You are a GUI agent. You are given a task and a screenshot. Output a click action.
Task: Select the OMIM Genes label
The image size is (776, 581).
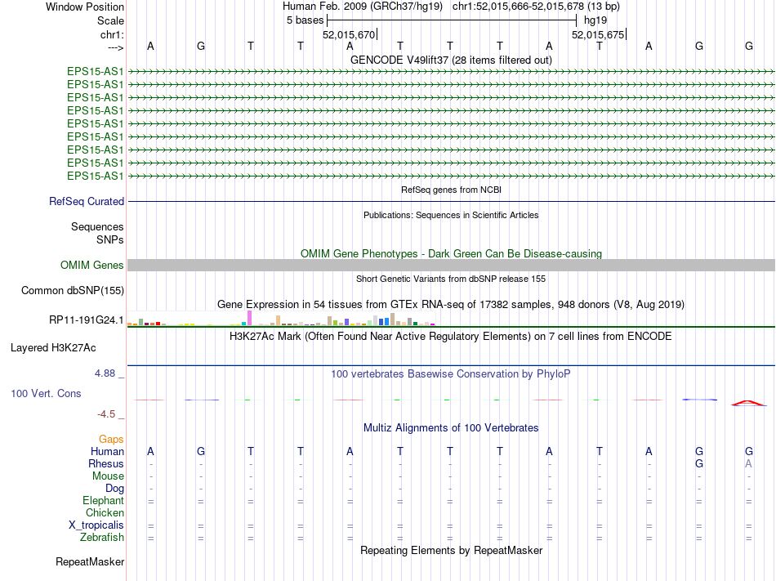[x=92, y=265]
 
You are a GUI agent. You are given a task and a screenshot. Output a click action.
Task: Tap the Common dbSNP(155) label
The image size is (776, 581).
[x=73, y=290]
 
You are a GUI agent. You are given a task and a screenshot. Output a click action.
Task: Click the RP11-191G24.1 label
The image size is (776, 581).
[x=87, y=320]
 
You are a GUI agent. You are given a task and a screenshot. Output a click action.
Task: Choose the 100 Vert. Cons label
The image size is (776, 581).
[x=46, y=393]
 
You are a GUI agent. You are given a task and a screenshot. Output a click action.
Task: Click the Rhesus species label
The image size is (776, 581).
[x=106, y=463]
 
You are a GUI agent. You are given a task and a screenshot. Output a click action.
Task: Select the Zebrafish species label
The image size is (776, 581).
[x=102, y=537]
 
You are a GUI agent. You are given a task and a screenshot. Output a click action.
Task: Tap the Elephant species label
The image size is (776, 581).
[x=103, y=500]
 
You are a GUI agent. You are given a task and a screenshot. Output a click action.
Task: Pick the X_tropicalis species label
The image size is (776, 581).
[x=96, y=525]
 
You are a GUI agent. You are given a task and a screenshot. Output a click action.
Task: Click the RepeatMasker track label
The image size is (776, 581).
[x=90, y=561]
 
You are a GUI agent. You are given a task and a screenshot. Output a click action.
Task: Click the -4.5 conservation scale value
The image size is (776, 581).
[x=107, y=414]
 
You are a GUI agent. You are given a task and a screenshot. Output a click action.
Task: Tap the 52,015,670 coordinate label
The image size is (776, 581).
[x=349, y=34]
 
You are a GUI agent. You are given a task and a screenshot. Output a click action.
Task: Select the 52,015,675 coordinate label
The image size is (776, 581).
[x=598, y=34]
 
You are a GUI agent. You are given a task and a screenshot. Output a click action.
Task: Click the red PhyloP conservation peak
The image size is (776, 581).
[x=749, y=401]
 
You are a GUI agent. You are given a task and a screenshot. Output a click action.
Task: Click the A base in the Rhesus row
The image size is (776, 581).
[x=749, y=463]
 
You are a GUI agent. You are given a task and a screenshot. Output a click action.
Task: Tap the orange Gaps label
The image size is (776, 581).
[x=111, y=439]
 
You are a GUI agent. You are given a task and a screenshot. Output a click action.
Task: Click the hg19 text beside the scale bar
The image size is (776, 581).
[x=595, y=20]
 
